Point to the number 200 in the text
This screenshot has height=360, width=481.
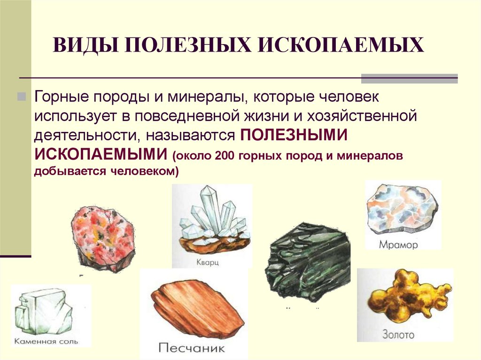[x=225, y=155]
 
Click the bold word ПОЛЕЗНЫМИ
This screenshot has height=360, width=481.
[x=294, y=135]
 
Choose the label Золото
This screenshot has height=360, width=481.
[x=398, y=335]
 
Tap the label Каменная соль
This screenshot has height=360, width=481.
[x=46, y=341]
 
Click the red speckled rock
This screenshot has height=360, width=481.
[x=102, y=237]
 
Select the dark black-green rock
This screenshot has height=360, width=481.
[x=307, y=261]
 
